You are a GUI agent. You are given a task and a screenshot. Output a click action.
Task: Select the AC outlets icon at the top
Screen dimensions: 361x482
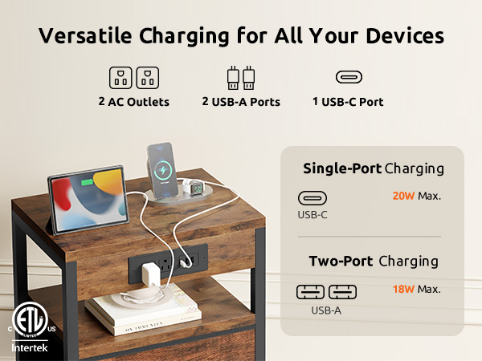pos(133,78)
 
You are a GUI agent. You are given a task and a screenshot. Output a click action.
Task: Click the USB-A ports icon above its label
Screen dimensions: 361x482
pos(241,78)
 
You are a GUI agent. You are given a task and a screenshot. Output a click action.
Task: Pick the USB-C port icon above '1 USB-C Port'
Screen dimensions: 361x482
pos(348,78)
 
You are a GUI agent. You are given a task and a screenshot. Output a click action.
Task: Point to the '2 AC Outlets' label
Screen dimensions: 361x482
pos(133,102)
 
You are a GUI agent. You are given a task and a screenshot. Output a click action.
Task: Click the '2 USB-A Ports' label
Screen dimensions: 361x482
pos(241,102)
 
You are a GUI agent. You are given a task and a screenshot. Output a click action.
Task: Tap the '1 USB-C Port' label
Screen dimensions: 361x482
pos(348,102)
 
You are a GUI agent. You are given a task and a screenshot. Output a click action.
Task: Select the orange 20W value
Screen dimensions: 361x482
pos(403,196)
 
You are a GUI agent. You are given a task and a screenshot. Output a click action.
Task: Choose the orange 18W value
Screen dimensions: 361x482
pos(403,289)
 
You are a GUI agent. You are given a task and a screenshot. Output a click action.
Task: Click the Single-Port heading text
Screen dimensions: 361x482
pos(341,168)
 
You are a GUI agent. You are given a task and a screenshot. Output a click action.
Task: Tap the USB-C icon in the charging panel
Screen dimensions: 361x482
pos(312,197)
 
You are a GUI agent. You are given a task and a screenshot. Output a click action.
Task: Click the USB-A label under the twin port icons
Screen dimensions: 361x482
pos(326,309)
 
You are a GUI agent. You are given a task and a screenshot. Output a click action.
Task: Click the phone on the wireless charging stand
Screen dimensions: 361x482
pos(161,168)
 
